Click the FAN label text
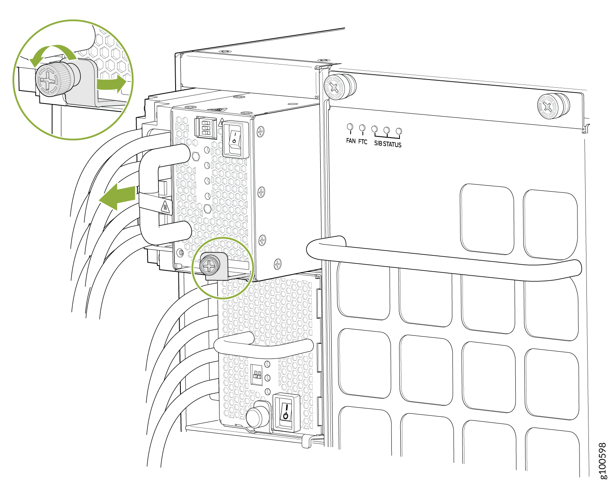(350, 140)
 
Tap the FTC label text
(363, 142)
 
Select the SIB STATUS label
(387, 144)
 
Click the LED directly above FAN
(350, 127)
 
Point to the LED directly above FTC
(362, 128)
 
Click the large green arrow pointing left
(117, 197)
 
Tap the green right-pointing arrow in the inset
(111, 84)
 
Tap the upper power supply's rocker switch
(234, 139)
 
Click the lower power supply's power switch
(286, 412)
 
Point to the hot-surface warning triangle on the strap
(165, 207)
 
